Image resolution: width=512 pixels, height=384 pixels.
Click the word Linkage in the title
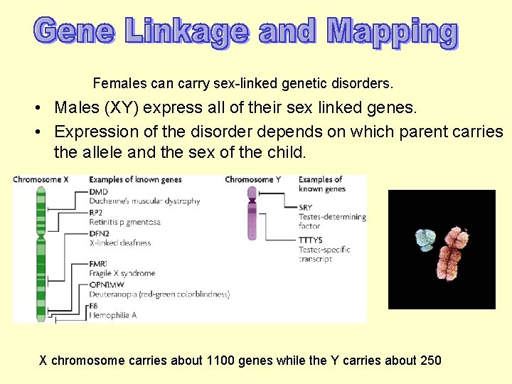187,32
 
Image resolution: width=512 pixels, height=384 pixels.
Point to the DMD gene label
99,192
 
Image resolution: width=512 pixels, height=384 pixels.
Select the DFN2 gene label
100,233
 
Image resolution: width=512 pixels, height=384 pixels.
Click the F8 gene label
94,305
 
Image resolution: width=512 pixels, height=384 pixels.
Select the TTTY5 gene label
311,240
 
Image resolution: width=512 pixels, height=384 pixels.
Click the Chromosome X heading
41,180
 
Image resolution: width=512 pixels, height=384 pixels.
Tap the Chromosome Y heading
252,180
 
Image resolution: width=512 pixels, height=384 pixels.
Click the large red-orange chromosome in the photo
453,252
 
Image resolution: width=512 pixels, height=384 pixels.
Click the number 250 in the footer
431,361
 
